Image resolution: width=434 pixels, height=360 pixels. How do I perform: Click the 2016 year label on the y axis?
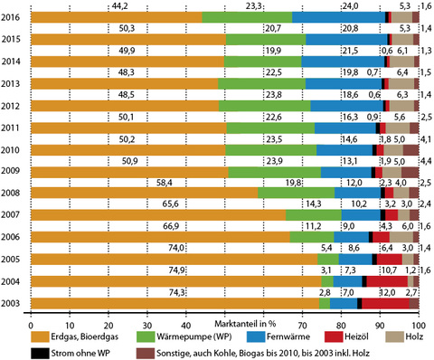pos(12,17)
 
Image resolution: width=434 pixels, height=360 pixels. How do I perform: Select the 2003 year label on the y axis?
pos(12,303)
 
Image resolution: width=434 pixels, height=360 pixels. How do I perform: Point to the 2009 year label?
pos(12,171)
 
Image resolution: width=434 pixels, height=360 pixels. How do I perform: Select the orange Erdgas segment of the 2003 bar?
pos(172,303)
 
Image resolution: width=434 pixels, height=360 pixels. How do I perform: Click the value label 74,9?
pos(176,270)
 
